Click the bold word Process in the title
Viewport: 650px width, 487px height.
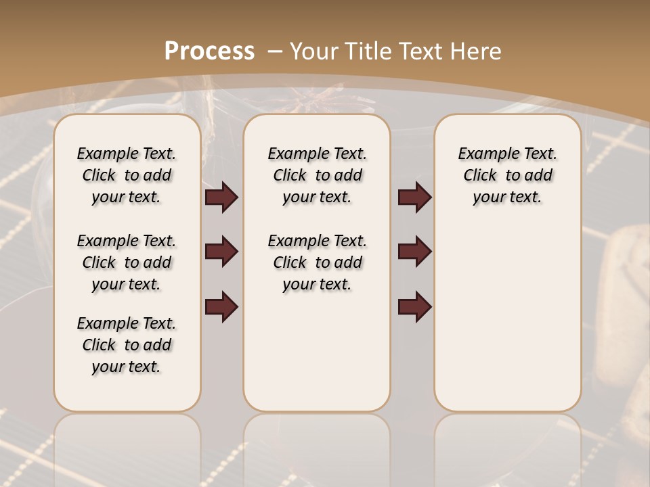click(x=209, y=51)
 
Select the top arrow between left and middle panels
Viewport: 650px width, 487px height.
click(x=221, y=197)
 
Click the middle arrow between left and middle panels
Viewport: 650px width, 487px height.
click(x=221, y=252)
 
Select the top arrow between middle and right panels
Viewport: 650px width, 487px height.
click(x=414, y=197)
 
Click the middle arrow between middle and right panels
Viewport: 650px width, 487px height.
click(x=414, y=252)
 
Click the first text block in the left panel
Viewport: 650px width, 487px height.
click(x=127, y=175)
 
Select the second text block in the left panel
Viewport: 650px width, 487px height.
click(x=127, y=262)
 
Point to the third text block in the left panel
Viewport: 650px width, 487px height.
click(x=127, y=345)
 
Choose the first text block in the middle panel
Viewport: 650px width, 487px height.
click(x=317, y=175)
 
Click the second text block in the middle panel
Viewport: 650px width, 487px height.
click(x=317, y=262)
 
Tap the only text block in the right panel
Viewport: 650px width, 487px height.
click(x=507, y=175)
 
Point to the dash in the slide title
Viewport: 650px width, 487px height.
click(x=274, y=51)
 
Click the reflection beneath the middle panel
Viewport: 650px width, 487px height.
click(x=317, y=446)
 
